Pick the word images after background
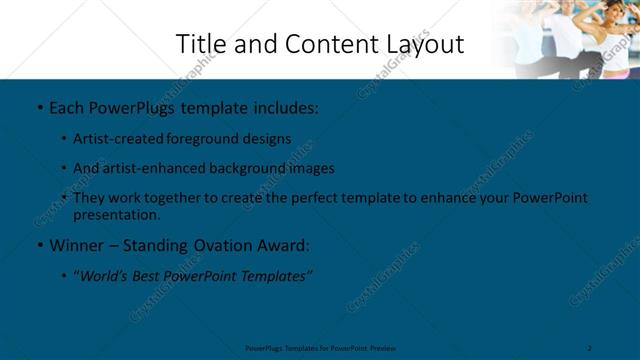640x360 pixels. [x=313, y=168]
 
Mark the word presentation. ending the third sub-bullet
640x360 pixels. [x=116, y=214]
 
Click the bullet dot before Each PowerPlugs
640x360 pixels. [x=38, y=105]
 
